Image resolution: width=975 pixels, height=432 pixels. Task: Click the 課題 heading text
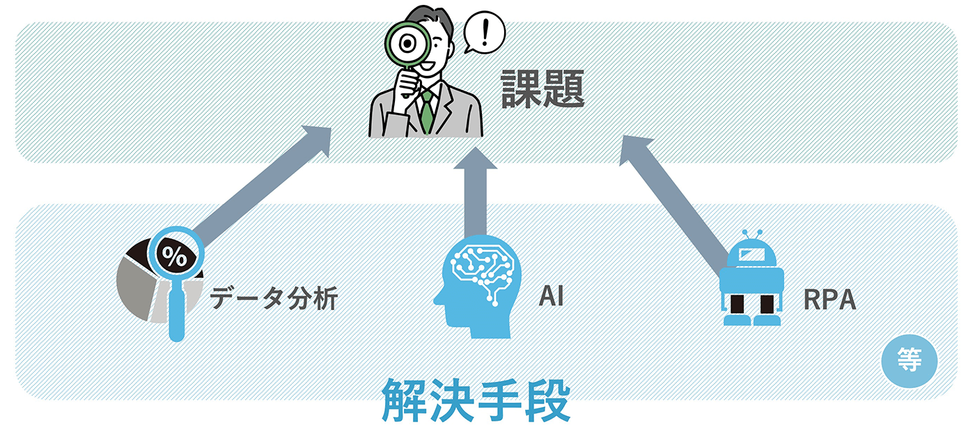point(543,91)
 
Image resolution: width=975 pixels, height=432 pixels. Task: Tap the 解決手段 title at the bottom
point(476,401)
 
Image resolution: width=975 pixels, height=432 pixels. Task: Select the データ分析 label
point(274,299)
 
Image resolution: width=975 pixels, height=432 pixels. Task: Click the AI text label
point(550,297)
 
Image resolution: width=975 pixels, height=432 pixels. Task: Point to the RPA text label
point(829,300)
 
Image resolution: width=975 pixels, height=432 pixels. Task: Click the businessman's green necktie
point(426,111)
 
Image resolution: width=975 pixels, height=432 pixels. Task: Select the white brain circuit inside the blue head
point(483,268)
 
